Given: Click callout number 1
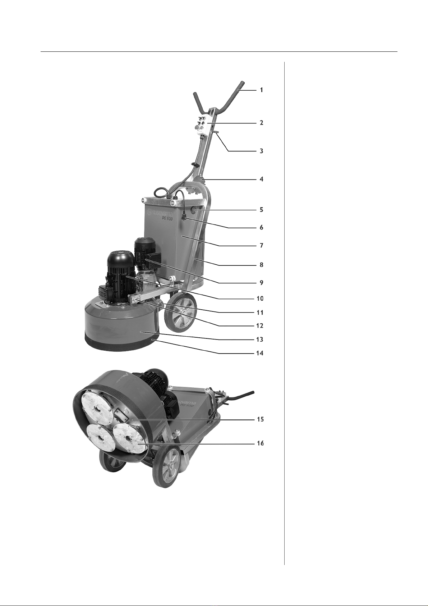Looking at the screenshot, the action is click(261, 90).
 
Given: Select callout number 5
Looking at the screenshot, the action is click(261, 210).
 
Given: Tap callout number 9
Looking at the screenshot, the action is click(261, 282).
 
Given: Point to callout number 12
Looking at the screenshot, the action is click(259, 325).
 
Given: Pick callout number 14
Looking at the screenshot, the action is click(259, 353).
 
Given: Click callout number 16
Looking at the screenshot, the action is click(260, 443).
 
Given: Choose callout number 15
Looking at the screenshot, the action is click(260, 419).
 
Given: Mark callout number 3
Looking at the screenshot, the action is click(261, 151).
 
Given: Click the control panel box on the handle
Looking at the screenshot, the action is click(204, 126).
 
